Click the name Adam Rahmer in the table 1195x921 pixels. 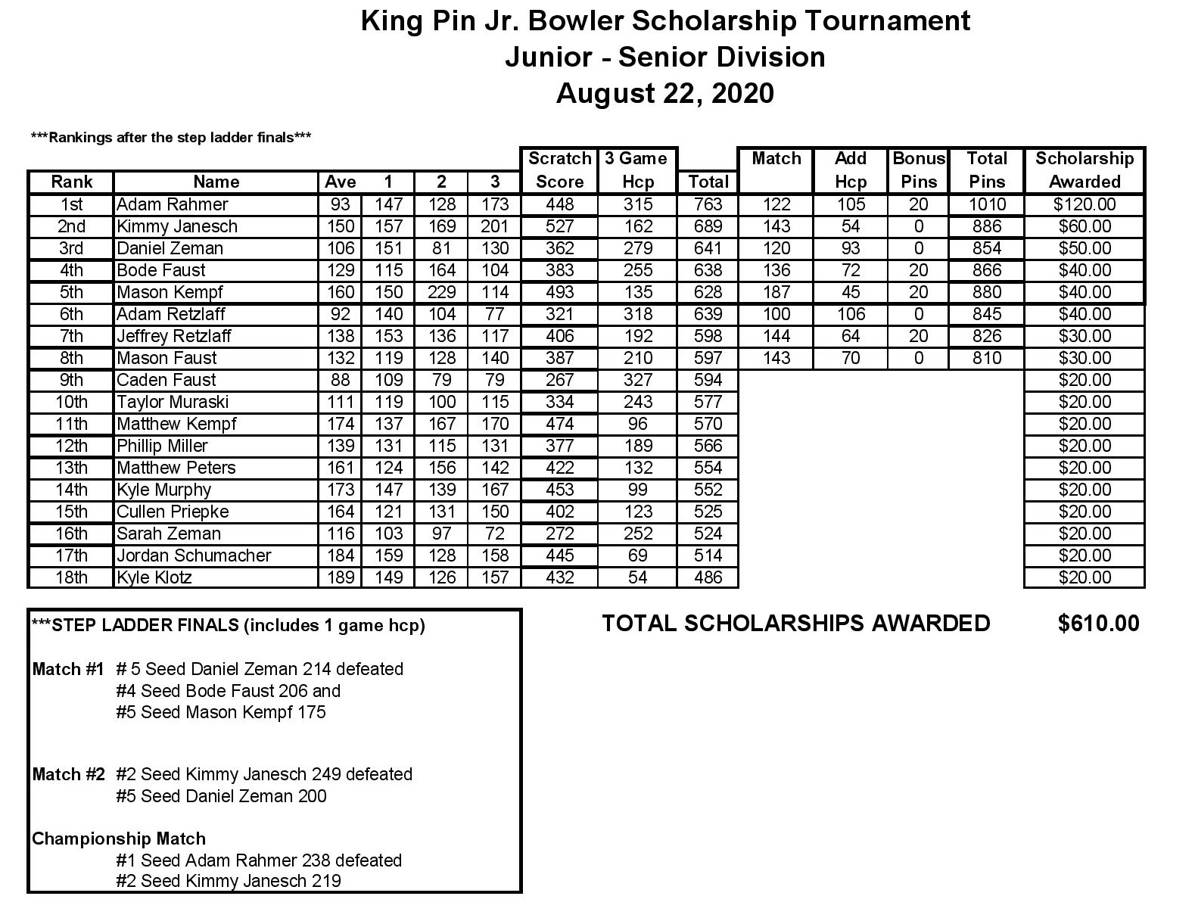pyautogui.click(x=172, y=204)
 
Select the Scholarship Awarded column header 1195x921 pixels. pyautogui.click(x=1084, y=170)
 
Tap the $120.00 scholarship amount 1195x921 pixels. pyautogui.click(x=1085, y=204)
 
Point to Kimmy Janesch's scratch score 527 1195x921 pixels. pyautogui.click(x=559, y=226)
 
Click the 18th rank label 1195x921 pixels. pyautogui.click(x=71, y=577)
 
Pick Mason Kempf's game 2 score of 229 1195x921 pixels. pyautogui.click(x=441, y=292)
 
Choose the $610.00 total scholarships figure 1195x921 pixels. pyautogui.click(x=1098, y=623)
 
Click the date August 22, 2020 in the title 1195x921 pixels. pyautogui.click(x=664, y=93)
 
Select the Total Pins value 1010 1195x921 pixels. pyautogui.click(x=987, y=204)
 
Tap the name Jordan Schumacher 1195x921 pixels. pyautogui.click(x=194, y=555)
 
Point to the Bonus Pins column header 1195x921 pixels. pyautogui.click(x=919, y=170)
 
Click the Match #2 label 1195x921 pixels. pyautogui.click(x=68, y=774)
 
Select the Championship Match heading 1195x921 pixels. pyautogui.click(x=119, y=839)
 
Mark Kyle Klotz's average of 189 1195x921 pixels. pyautogui.click(x=340, y=577)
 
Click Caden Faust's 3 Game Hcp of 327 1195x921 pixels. pyautogui.click(x=637, y=380)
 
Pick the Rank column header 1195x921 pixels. pyautogui.click(x=71, y=182)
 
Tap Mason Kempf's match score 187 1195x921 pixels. pyautogui.click(x=776, y=292)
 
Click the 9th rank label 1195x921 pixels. pyautogui.click(x=71, y=380)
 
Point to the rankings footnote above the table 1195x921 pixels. pyautogui.click(x=171, y=137)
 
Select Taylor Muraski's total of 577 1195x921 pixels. pyautogui.click(x=708, y=402)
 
